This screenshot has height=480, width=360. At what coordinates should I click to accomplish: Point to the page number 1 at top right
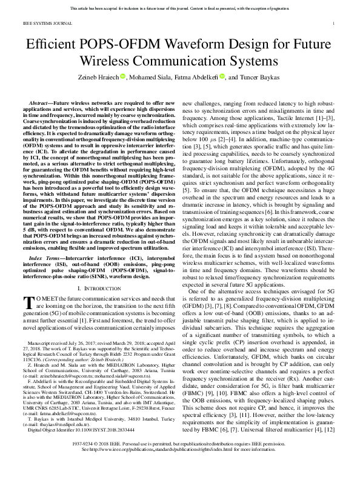tap(335, 23)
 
